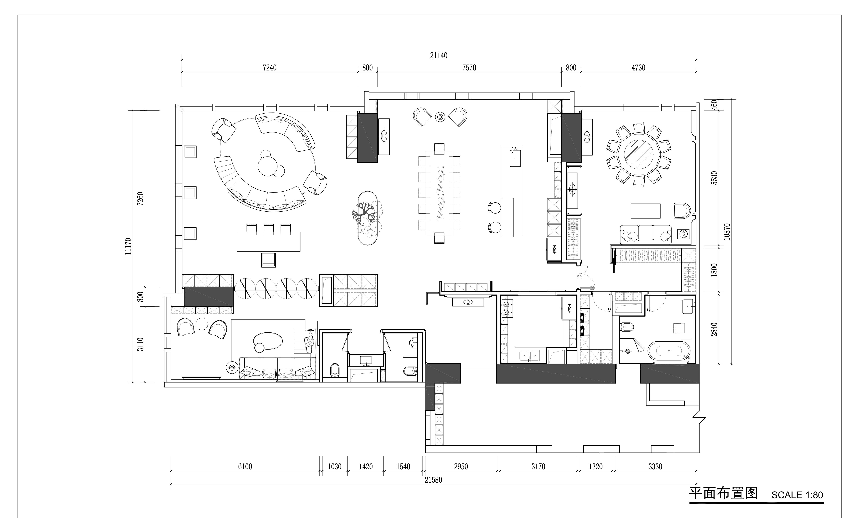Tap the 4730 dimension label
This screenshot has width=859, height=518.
coord(638,68)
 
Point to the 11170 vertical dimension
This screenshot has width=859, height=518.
coord(128,246)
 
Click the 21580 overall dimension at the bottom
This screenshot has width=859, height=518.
coord(433,480)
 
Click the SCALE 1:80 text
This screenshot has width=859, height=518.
coord(797,495)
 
